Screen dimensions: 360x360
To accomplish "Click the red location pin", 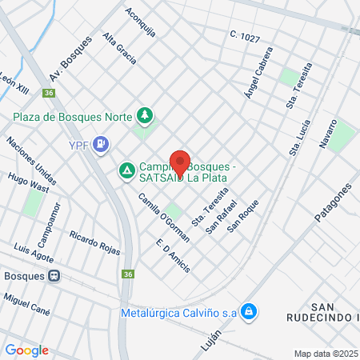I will pyautogui.click(x=180, y=163).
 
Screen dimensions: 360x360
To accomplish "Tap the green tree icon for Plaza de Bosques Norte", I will pyautogui.click(x=145, y=116).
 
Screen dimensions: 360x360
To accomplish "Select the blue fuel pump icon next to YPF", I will pyautogui.click(x=101, y=145).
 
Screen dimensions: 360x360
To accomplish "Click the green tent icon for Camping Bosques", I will pyautogui.click(x=126, y=170).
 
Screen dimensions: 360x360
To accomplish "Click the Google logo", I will pyautogui.click(x=26, y=350).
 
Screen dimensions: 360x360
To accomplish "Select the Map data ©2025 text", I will pyautogui.click(x=326, y=354).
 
